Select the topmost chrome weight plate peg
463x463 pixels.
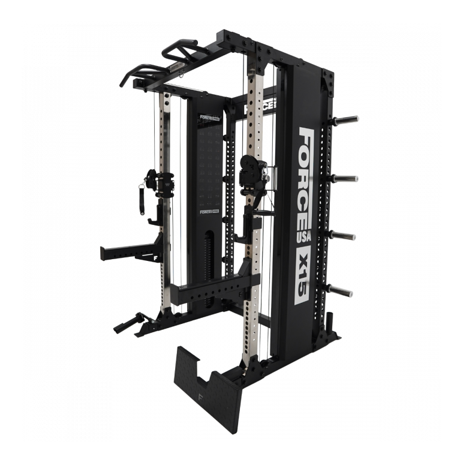(x=347, y=119)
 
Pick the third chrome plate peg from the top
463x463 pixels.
(x=347, y=234)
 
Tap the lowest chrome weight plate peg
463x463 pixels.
(x=345, y=292)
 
